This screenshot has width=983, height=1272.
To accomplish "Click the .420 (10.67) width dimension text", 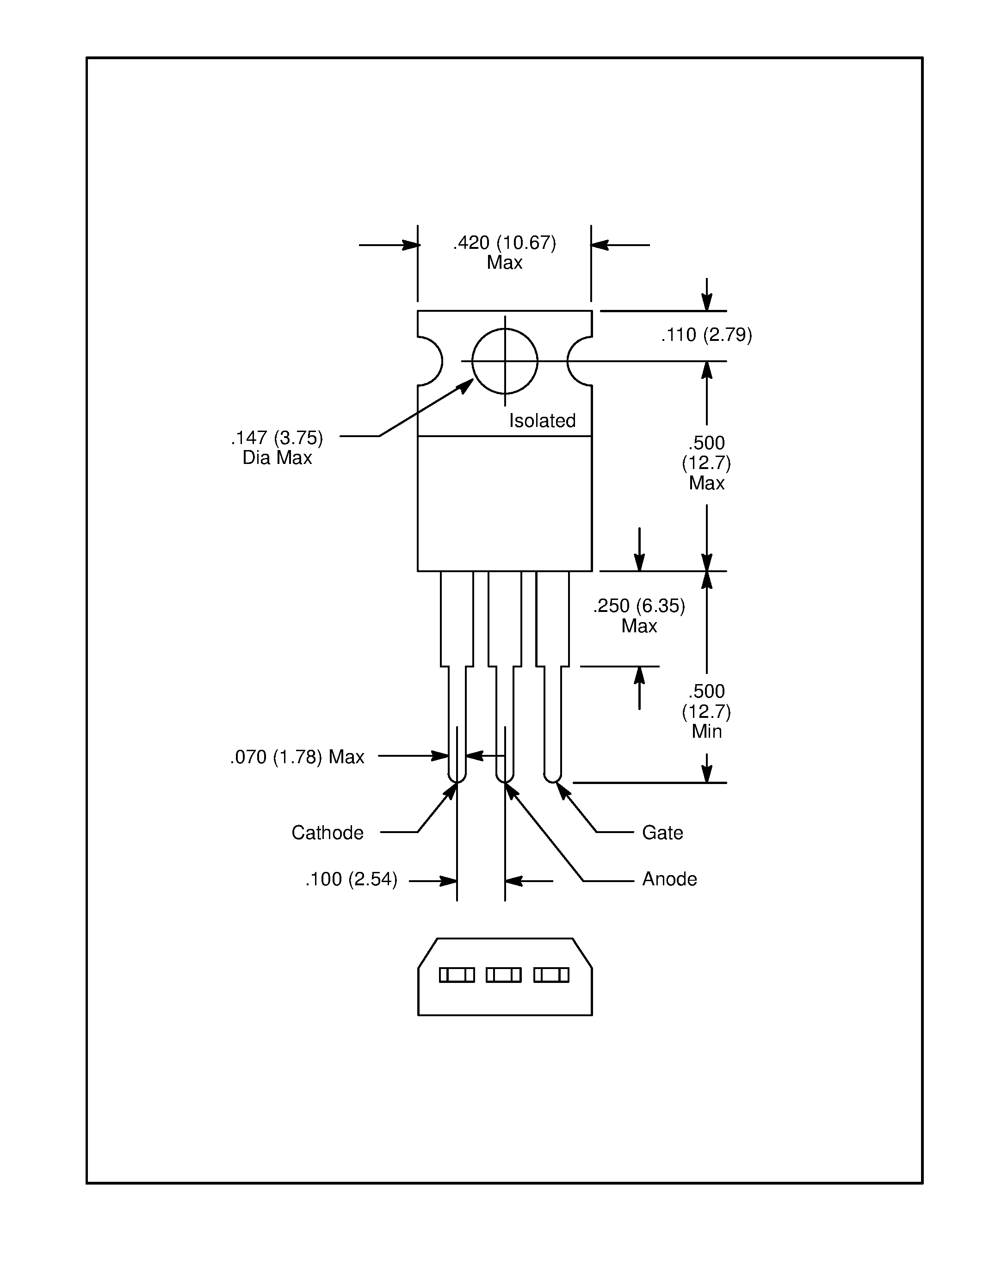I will tap(504, 243).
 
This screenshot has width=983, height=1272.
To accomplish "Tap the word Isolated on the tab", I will tap(542, 420).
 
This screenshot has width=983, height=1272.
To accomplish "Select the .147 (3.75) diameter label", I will tap(277, 438).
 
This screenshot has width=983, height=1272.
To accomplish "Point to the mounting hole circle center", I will tap(505, 361).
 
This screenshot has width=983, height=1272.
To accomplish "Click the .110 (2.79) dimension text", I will tap(706, 335).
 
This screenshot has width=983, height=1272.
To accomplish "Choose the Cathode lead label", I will tap(327, 832).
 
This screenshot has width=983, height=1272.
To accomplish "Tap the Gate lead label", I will tap(662, 832).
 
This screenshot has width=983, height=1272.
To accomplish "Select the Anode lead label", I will tap(669, 879).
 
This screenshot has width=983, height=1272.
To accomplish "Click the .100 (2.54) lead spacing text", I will tap(351, 879).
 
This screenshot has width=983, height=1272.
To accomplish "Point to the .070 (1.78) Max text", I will tap(297, 757).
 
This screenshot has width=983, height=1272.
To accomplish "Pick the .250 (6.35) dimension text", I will tap(639, 606).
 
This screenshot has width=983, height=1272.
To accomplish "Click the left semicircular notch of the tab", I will tap(431, 361).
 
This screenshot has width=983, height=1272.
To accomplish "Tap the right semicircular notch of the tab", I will tap(578, 361).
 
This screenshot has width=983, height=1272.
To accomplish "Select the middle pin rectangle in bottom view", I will tap(504, 975).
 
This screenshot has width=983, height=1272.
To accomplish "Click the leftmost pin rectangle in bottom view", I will tap(457, 975).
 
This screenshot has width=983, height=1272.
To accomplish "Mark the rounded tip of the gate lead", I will tap(552, 778).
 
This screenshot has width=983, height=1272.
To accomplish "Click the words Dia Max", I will tap(277, 458).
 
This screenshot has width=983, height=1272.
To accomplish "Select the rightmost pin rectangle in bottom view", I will tap(551, 975).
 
